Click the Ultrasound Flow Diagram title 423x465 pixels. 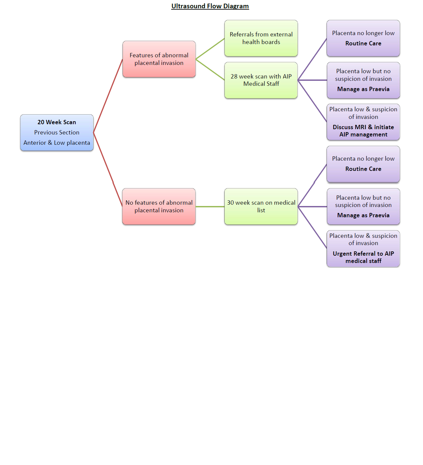pos(210,6)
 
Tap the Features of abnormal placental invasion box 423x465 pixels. pos(159,59)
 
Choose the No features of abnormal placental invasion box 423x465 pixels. pos(159,206)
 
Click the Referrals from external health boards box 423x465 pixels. pos(261,38)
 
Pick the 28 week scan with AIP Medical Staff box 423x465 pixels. pos(261,80)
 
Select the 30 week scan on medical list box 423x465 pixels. pos(261,206)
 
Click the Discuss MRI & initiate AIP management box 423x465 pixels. pos(363,131)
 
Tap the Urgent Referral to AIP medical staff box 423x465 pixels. pos(363,257)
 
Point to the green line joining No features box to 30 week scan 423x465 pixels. pos(210,207)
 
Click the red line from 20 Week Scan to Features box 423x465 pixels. pos(108,96)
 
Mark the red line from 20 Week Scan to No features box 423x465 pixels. pos(108,170)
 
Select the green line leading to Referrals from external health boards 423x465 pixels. pos(210,49)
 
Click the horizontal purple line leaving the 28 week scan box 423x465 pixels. pos(312,80)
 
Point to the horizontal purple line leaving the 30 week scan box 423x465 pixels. pos(312,207)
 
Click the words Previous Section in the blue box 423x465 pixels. pos(57,132)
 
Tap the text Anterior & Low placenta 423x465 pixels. pos(57,143)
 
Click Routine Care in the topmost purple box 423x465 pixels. pos(363,43)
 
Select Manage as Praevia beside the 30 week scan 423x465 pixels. pos(363,215)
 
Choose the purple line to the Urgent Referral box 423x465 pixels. pos(312,227)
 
